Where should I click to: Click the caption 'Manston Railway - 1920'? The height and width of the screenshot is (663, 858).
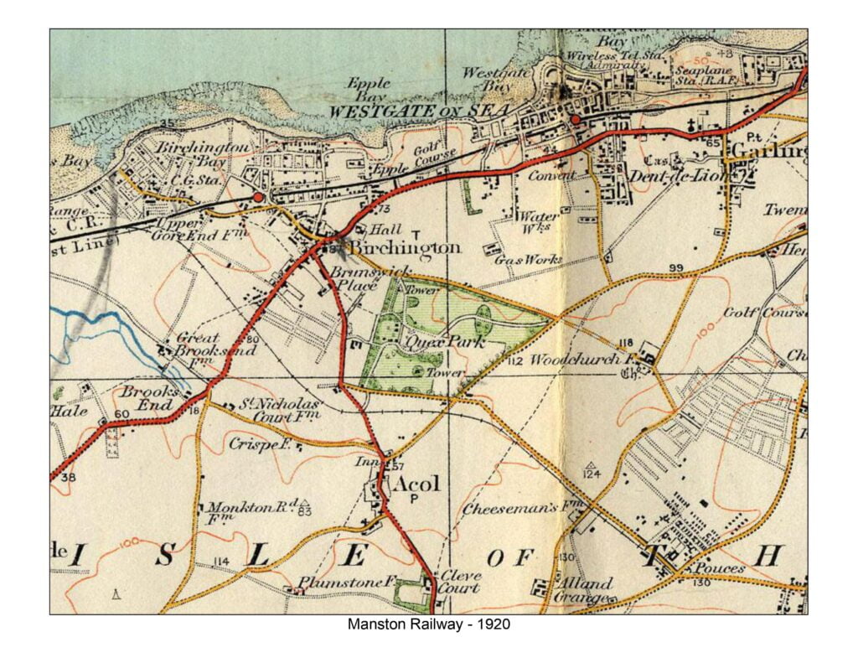428,624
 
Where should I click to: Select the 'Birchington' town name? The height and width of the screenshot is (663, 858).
404,248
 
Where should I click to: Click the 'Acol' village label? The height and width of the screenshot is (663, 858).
416,484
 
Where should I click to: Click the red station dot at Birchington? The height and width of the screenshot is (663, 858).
259,196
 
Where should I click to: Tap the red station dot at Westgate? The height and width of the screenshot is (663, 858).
576,121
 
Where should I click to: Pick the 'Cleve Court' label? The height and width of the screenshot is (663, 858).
460,582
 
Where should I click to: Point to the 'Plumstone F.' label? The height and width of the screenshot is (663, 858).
334,583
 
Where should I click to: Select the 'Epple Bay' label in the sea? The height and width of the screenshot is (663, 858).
369,90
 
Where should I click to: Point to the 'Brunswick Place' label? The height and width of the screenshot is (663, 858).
359,279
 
